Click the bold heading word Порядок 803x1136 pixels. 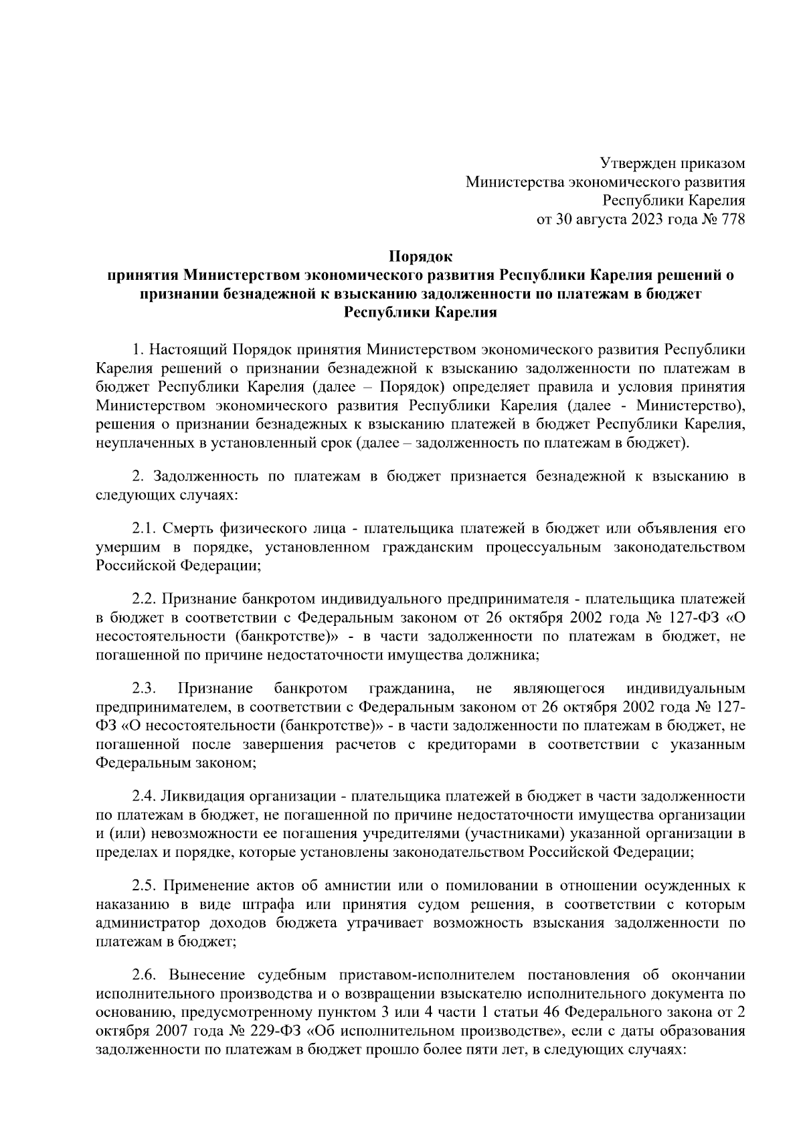421,256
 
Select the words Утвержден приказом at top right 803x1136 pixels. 671,163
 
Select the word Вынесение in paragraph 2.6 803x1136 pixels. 201,974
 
